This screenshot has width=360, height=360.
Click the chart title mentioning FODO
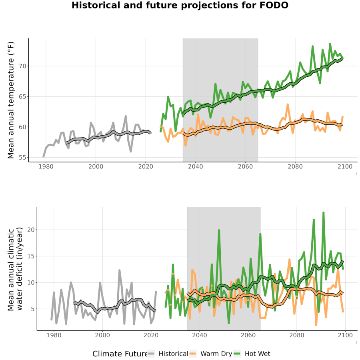[x=180, y=5]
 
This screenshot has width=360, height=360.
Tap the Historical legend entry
[x=168, y=354]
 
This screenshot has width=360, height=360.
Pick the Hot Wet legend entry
[x=252, y=354]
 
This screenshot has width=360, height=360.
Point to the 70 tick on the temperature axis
[x=22, y=66]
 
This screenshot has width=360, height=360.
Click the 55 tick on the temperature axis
[x=22, y=158]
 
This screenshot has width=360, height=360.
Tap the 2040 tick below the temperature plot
[x=195, y=166]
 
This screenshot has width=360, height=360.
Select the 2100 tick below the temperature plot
[x=345, y=166]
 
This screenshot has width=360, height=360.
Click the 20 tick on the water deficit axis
[x=31, y=230]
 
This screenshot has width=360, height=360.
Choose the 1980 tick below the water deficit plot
[x=54, y=335]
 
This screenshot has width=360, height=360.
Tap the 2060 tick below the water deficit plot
[x=248, y=335]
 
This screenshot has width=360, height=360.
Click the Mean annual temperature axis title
[x=11, y=100]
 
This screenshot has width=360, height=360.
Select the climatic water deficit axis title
[x=15, y=269]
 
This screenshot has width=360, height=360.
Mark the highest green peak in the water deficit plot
[x=324, y=213]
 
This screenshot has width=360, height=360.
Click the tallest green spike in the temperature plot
[x=330, y=44]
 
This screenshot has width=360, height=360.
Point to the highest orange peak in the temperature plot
[x=288, y=105]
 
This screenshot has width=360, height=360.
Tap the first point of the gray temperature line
[x=43, y=156]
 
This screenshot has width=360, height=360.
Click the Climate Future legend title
[x=120, y=354]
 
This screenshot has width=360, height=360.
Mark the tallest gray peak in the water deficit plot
[x=119, y=270]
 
